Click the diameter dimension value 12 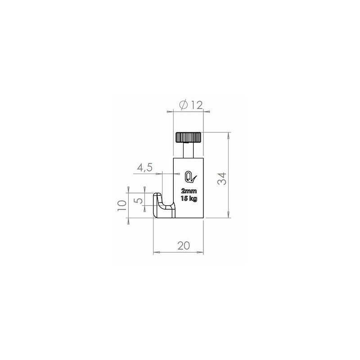pos(195,105)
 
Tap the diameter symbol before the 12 pos(183,105)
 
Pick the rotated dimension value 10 pos(121,207)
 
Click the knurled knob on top pos(188,137)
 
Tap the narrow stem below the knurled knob pos(188,149)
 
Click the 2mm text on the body pos(189,190)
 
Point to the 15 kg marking pos(189,198)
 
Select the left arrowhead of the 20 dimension pos(155,252)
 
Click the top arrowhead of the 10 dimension pos(128,189)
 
